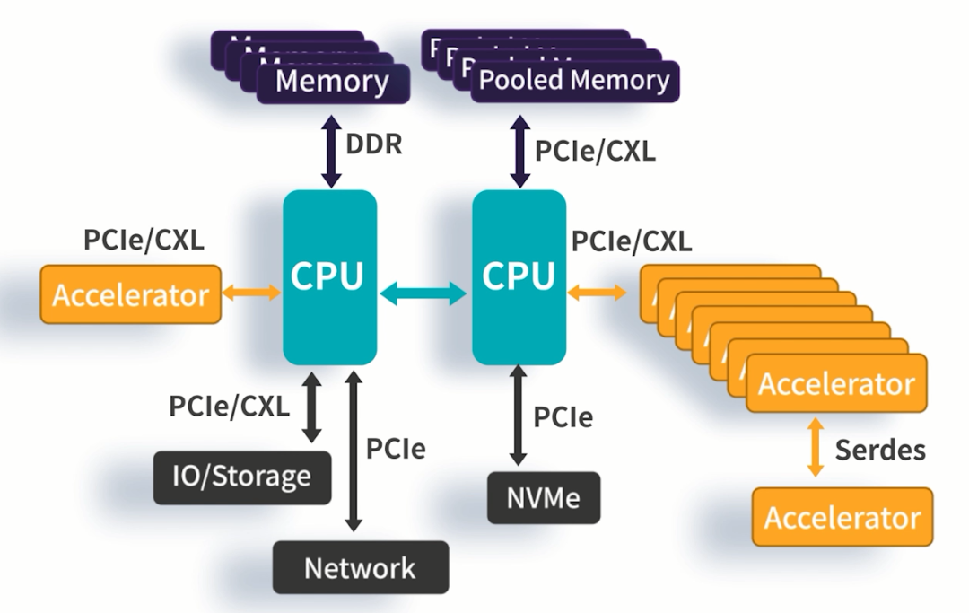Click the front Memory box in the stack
coord(332,83)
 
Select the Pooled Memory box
coord(574,81)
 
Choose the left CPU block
coord(329,276)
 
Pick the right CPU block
coord(519,276)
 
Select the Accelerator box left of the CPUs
coord(131,294)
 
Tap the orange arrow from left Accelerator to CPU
coord(251,293)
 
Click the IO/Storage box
coord(240,476)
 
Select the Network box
coord(360,567)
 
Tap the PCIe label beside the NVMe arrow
coord(563,416)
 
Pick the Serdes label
coord(879,449)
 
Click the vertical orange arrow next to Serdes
coord(816,449)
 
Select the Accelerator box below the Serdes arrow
coord(842,518)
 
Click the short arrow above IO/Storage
coord(311,407)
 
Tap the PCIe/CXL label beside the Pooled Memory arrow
coord(595,151)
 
